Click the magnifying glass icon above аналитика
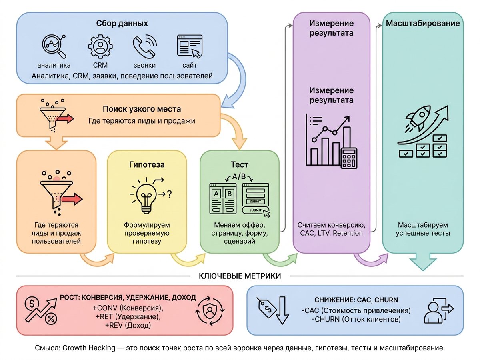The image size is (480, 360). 54,46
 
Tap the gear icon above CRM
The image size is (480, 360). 100,46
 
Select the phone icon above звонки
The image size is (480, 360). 144,46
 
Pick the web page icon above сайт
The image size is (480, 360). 190,46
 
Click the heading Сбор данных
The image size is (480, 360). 122,23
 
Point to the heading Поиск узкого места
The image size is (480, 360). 142,109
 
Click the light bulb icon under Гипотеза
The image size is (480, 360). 146,197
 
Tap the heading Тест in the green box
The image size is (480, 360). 240,164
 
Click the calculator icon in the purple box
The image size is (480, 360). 349,158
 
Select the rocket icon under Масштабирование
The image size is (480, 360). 418,118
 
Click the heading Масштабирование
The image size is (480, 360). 423,23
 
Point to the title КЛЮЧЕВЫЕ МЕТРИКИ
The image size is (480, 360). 240,276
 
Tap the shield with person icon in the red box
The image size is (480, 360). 210,311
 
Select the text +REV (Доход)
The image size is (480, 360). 128,326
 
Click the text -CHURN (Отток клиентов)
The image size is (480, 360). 356,319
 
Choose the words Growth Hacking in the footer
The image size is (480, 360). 89,348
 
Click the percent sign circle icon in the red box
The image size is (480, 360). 51,319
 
